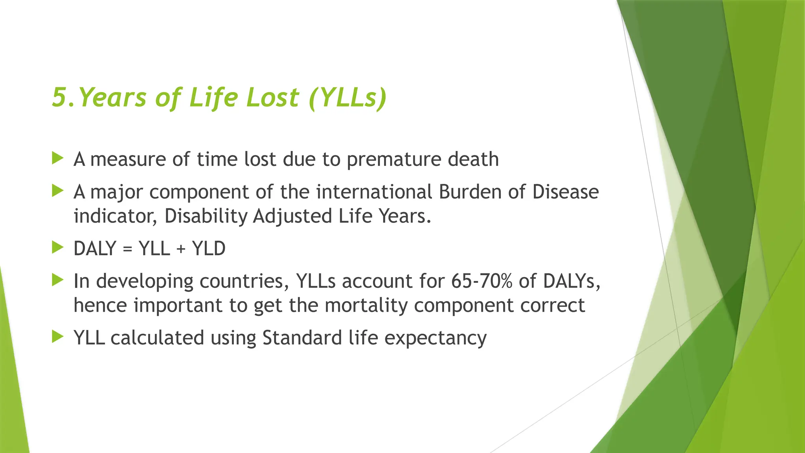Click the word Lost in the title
pos(272,97)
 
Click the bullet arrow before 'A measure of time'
pos(57,159)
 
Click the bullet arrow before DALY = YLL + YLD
pos(57,248)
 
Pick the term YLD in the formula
pos(209,249)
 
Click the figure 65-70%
pos(482,281)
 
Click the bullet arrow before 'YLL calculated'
pos(57,337)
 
